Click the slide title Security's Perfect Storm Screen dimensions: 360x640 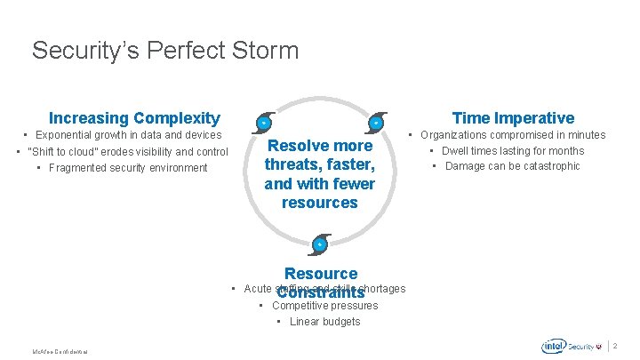165,51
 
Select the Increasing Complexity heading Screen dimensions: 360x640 134,118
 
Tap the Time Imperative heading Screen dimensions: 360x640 513,118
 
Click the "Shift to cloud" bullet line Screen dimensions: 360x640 122,151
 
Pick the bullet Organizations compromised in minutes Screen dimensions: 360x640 507,135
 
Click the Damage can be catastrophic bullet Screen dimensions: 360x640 507,166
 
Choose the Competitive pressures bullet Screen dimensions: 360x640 317,306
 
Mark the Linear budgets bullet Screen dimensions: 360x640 318,322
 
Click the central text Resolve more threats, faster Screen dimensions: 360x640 319,174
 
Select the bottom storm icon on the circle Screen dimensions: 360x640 319,244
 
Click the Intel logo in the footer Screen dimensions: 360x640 555,347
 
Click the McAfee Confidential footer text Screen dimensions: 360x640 61,353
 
